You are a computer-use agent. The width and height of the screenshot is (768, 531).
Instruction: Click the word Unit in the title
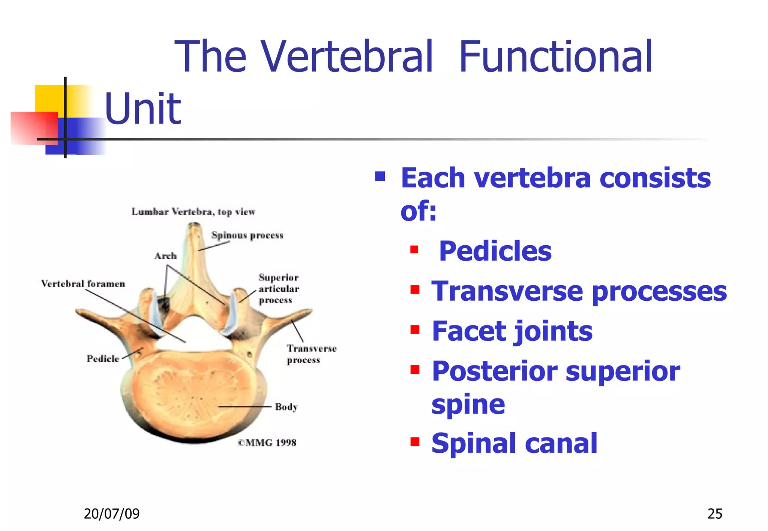143,109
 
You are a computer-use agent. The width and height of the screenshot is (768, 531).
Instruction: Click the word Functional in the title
555,57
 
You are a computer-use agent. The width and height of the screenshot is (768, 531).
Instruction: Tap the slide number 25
714,514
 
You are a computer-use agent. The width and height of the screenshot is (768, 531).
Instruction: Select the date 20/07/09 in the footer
111,514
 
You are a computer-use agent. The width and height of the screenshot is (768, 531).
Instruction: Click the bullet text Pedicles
495,251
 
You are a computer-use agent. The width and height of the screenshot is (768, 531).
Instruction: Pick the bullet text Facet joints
512,331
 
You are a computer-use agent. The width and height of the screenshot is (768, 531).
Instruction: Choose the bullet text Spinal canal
514,443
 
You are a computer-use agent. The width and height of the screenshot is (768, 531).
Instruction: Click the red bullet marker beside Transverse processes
415,290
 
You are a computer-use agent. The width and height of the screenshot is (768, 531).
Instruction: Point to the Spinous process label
247,236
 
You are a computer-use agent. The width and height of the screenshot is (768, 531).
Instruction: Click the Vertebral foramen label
83,283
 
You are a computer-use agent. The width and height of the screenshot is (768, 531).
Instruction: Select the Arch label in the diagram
165,256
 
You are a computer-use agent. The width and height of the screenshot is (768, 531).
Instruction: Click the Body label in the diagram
286,407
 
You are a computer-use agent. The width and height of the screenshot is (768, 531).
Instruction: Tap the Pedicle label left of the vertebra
103,359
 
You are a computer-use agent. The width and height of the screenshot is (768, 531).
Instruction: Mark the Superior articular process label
278,289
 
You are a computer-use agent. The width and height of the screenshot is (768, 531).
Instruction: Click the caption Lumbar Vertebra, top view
193,212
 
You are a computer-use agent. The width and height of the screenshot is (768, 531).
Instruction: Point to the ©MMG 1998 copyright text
267,443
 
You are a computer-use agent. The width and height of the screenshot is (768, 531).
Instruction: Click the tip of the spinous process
194,226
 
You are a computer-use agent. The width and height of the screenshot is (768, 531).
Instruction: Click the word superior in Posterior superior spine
622,371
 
